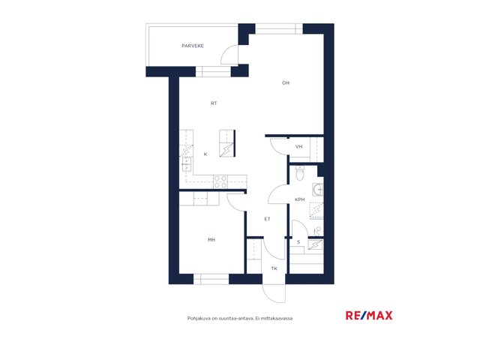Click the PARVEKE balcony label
point(193,46)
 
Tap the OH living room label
point(285,83)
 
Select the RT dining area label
point(214,103)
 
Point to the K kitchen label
point(205,154)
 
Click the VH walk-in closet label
point(298,147)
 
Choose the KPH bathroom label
point(300,199)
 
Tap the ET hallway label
point(267,219)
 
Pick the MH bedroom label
point(211,240)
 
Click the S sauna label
point(298,242)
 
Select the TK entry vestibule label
point(274,268)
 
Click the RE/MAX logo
point(369,315)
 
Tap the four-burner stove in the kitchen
point(220,181)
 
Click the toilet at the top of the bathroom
point(299,173)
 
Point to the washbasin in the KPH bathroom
point(318,190)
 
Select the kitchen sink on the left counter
point(187,164)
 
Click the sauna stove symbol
point(315,244)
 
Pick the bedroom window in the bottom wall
point(211,279)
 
